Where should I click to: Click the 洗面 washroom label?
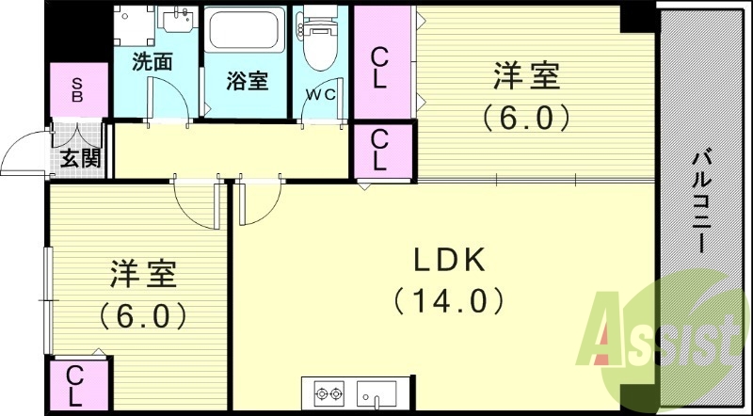coord(152,63)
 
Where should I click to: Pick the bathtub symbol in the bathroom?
coord(248,32)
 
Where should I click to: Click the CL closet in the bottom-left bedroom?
coord(74,386)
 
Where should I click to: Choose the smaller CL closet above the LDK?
coord(380,151)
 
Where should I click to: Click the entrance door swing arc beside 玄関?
coord(24,155)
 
